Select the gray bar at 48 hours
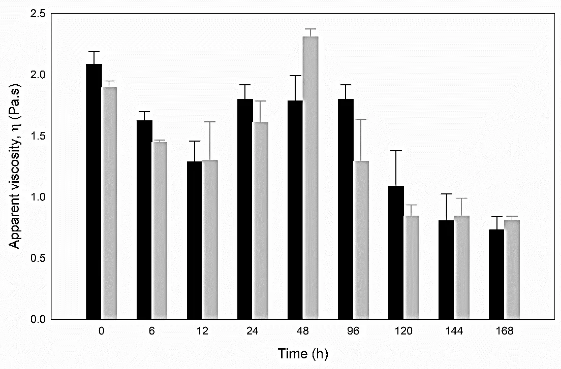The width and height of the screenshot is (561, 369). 310,178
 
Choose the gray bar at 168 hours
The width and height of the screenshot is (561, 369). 512,270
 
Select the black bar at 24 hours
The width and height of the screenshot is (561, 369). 245,209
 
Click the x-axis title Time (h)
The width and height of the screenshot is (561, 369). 303,353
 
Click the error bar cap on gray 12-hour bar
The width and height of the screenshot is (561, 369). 210,122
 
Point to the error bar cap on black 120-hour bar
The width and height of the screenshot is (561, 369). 396,151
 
